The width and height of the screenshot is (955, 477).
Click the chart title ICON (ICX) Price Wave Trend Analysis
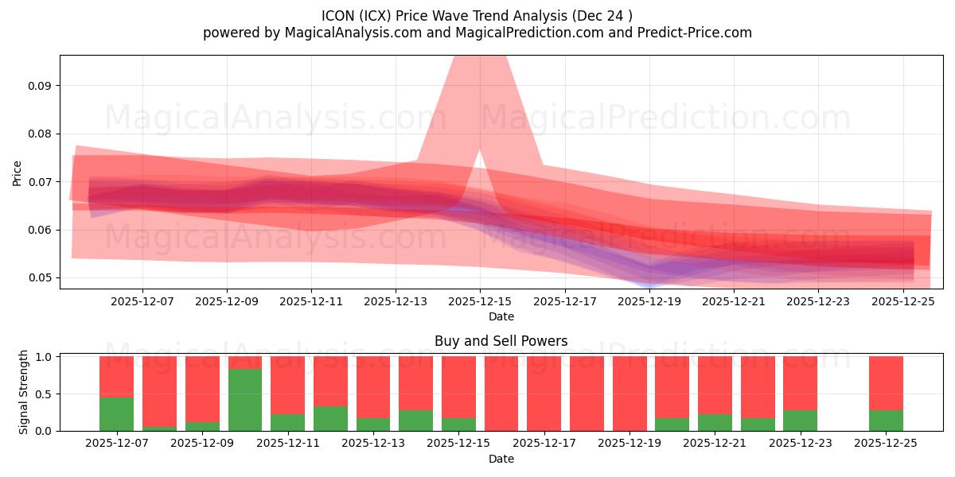[477, 16]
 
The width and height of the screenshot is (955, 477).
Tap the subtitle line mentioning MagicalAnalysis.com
[477, 33]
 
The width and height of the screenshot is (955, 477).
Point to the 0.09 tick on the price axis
[39, 86]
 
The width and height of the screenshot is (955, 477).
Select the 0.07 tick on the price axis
[39, 182]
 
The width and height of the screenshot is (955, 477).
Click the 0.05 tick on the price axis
[39, 278]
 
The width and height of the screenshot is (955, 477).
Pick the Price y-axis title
[18, 173]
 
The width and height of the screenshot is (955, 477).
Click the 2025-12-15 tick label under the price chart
[480, 301]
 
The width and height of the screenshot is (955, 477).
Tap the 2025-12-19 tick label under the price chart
[649, 301]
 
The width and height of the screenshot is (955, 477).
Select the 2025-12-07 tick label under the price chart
[142, 301]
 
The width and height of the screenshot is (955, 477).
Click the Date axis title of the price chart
[501, 316]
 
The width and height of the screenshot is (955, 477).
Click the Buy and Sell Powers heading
[501, 341]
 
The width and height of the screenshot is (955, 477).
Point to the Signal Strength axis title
[24, 392]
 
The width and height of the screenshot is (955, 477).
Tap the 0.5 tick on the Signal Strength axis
[45, 394]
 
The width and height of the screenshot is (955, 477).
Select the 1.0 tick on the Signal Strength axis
[45, 357]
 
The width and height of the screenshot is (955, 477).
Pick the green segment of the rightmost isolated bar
[886, 421]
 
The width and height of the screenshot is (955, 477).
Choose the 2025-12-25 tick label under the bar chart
[886, 443]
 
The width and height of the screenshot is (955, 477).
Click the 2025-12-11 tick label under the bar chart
[287, 443]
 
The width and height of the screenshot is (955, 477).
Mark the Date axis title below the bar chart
[501, 459]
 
